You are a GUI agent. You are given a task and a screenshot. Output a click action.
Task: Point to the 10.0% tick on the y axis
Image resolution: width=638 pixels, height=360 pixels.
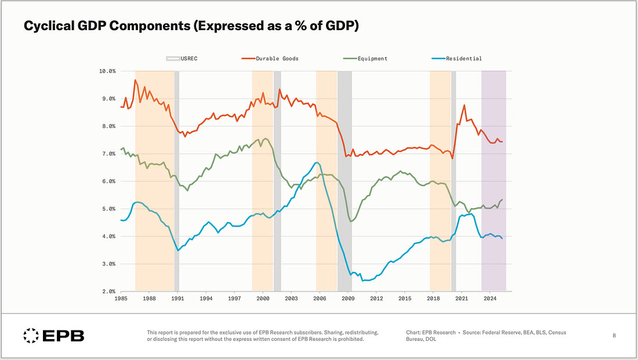click(x=108, y=71)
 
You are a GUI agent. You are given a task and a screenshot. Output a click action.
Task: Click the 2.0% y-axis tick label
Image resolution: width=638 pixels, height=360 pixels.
click(x=108, y=292)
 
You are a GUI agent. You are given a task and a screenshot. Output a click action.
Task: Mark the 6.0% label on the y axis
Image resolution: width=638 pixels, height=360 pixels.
click(x=108, y=181)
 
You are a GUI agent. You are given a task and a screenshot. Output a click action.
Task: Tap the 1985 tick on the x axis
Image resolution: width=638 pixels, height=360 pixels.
click(x=121, y=299)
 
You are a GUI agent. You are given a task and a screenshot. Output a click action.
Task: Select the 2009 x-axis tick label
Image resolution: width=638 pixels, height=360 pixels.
click(x=348, y=299)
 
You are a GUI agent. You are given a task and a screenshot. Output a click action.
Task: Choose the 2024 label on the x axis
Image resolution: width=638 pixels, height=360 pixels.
click(x=490, y=299)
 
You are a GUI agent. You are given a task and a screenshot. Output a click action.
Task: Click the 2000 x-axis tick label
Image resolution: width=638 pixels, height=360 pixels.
click(x=263, y=299)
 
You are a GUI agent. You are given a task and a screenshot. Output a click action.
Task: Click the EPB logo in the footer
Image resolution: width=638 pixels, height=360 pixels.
click(x=53, y=335)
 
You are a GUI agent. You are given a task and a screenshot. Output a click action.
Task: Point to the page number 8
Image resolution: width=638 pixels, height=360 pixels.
click(x=614, y=335)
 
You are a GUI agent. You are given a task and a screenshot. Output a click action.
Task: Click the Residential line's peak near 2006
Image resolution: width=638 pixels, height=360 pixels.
click(x=316, y=162)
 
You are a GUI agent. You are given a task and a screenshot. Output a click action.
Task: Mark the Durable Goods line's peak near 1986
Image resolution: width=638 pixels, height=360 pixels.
click(x=135, y=80)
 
